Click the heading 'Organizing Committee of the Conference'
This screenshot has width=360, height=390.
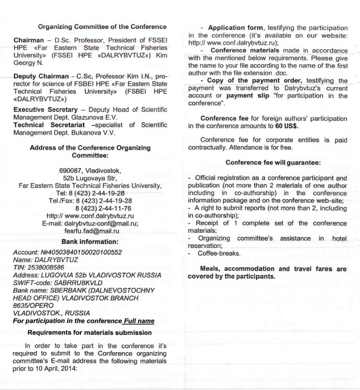click(103, 27)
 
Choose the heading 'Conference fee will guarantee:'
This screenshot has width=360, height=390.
click(268, 162)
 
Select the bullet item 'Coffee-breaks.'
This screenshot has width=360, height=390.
click(217, 253)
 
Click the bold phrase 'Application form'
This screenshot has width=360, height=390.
click(238, 27)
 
